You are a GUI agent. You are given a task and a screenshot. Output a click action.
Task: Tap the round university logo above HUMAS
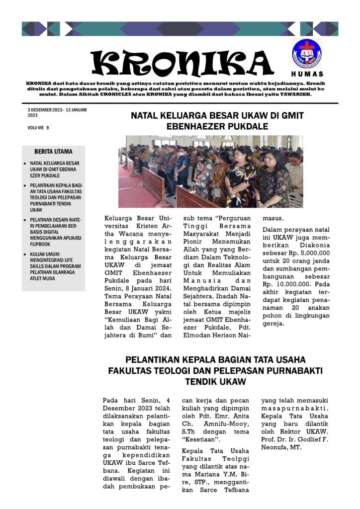pyautogui.click(x=307, y=53)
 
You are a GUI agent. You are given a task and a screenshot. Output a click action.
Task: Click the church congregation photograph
pyautogui.click(x=210, y=171)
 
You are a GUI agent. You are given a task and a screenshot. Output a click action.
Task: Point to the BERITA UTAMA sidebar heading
pyautogui.click(x=53, y=152)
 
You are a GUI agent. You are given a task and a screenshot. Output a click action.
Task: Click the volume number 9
pyautogui.click(x=48, y=128)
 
